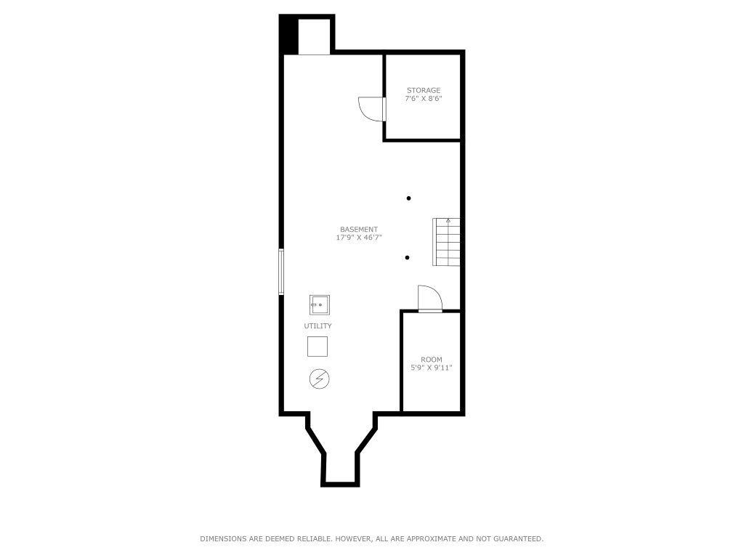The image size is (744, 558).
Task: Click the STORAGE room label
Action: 424,91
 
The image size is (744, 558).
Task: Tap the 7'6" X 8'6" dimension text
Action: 424,99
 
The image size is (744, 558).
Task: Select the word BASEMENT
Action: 359,230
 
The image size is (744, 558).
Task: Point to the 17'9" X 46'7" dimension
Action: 359,238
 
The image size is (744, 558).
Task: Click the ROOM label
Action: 432,360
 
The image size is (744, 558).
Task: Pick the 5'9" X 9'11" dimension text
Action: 432,368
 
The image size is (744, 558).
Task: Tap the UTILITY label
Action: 318,326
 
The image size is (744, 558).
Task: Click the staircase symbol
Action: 447,242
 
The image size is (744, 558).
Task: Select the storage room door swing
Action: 371,108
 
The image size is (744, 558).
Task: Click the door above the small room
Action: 429,299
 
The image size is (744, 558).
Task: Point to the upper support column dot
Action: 409,198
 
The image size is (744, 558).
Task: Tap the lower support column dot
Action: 408,258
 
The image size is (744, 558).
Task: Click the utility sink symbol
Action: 319,304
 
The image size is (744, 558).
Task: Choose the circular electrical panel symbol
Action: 319,379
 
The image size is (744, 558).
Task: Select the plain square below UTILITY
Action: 318,347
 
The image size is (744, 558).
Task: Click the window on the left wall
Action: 281,272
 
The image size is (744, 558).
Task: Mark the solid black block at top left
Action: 289,34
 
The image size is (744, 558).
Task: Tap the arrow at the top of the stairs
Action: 448,220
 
